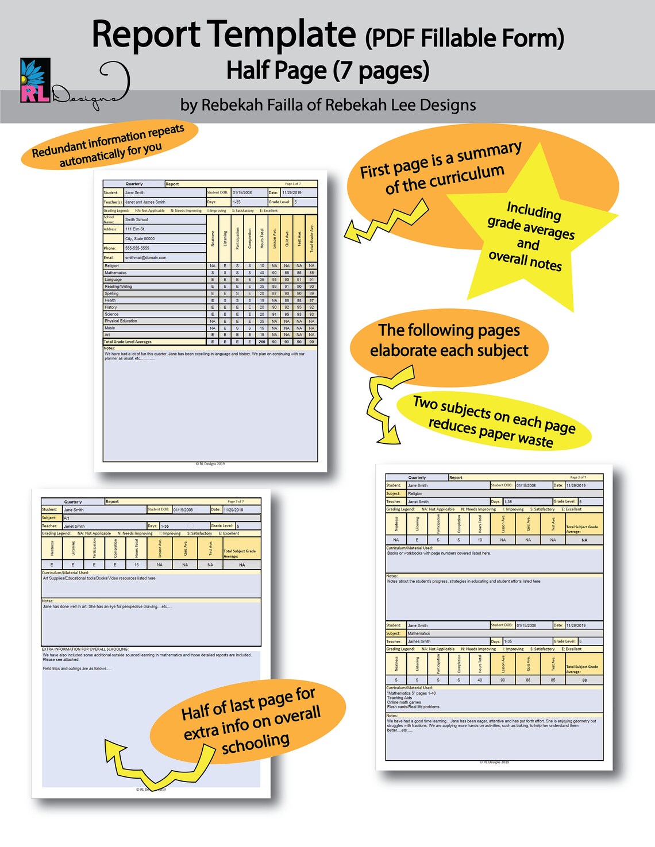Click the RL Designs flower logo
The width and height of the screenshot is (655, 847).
(35, 80)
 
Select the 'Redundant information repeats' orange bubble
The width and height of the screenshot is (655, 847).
(109, 145)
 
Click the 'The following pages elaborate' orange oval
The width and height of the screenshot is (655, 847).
(449, 341)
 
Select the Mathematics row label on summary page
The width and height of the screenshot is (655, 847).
(115, 273)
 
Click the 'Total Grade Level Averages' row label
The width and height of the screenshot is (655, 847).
(128, 342)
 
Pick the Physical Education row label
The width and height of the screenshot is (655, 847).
(121, 321)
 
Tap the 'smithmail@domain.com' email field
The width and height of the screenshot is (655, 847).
(146, 258)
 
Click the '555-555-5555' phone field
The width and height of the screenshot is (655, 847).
(138, 248)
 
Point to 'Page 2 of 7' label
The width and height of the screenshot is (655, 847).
(578, 477)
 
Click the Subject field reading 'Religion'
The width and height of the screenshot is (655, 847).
(415, 493)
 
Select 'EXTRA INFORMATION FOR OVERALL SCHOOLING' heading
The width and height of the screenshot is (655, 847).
(85, 649)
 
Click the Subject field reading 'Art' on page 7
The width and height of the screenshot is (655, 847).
(67, 518)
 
